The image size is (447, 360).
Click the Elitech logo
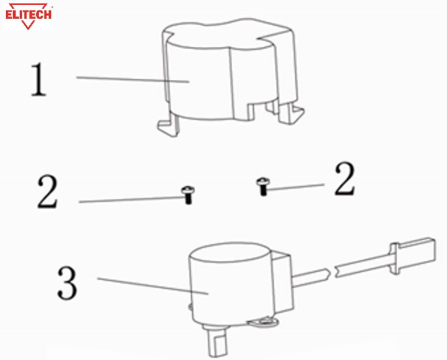tap(29, 16)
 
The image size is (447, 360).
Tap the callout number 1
tap(39, 80)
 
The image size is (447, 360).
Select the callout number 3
tap(67, 283)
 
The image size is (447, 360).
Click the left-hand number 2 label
tap(48, 192)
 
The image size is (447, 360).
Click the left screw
tap(188, 195)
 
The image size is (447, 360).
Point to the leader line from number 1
tap(133, 79)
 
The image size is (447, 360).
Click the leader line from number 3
tap(153, 286)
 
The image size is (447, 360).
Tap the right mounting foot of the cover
tap(291, 113)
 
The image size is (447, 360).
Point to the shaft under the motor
tap(217, 342)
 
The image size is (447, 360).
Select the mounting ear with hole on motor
tap(264, 322)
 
